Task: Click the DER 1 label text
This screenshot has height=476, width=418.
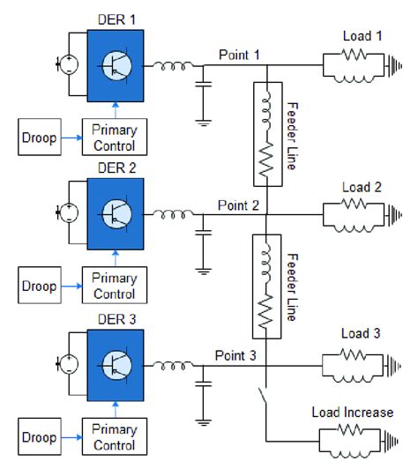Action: [115, 19]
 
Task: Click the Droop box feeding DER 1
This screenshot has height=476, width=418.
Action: [40, 138]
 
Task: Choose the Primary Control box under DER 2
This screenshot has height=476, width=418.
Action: [115, 286]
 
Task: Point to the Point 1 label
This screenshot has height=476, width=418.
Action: [239, 54]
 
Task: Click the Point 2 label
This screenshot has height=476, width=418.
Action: [239, 205]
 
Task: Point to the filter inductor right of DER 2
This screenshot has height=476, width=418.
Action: [170, 213]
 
